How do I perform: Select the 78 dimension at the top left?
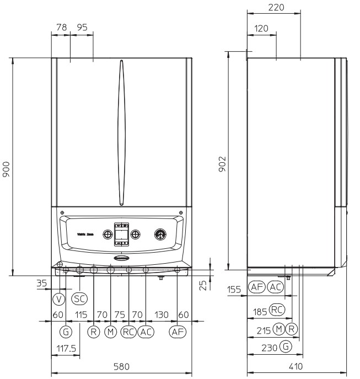point(61,27)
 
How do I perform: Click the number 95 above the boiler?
point(82,27)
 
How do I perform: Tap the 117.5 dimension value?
point(66,349)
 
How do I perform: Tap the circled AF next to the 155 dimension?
point(256,287)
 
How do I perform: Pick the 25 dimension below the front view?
point(203,285)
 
